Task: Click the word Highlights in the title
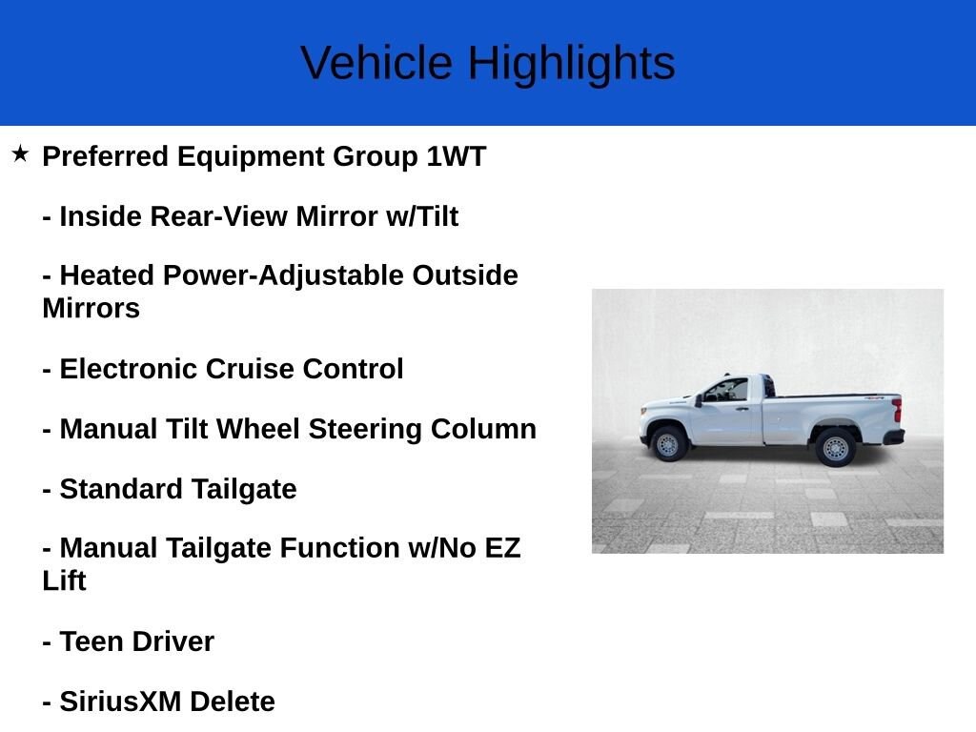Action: tap(570, 64)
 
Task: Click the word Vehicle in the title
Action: tap(376, 64)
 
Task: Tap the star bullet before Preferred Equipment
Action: tap(20, 153)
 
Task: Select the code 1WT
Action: tap(456, 156)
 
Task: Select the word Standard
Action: tap(121, 489)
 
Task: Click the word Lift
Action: tap(64, 580)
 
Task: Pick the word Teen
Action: tap(91, 641)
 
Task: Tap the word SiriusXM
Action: tap(120, 701)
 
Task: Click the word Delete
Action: tap(232, 701)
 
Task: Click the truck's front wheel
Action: tap(668, 444)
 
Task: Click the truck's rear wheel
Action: tap(835, 447)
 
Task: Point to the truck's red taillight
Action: tap(897, 411)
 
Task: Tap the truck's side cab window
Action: tap(728, 391)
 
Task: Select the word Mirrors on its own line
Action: tap(91, 309)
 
